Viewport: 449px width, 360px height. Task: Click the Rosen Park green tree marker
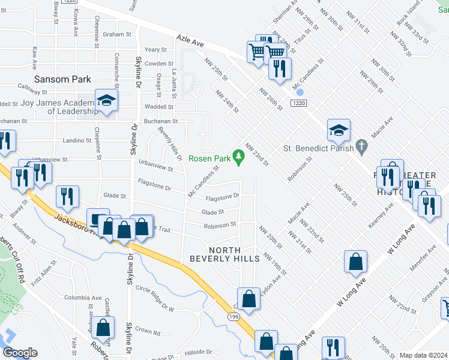[239, 158]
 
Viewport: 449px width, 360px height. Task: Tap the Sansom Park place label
[62, 79]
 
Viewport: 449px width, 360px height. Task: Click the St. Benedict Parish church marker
[361, 146]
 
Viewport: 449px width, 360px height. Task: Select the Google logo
[20, 353]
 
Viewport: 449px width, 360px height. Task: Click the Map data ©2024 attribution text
[423, 355]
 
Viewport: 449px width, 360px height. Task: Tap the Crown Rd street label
[148, 332]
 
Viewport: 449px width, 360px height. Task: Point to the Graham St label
[116, 35]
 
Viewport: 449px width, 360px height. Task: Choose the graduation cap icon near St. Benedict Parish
[339, 129]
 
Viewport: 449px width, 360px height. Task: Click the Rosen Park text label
[209, 159]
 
